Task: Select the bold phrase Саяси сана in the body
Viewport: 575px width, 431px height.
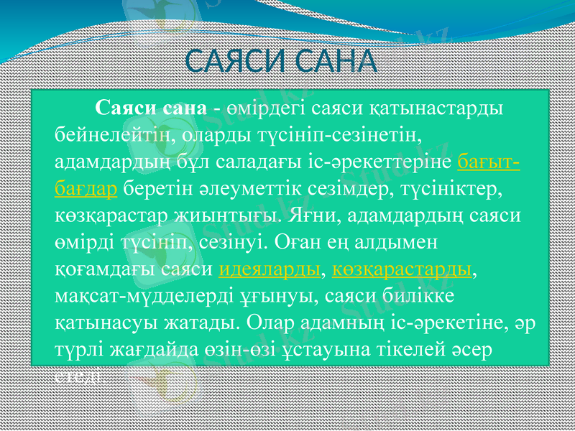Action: (x=151, y=108)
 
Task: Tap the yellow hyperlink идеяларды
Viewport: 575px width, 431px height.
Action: (x=268, y=269)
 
